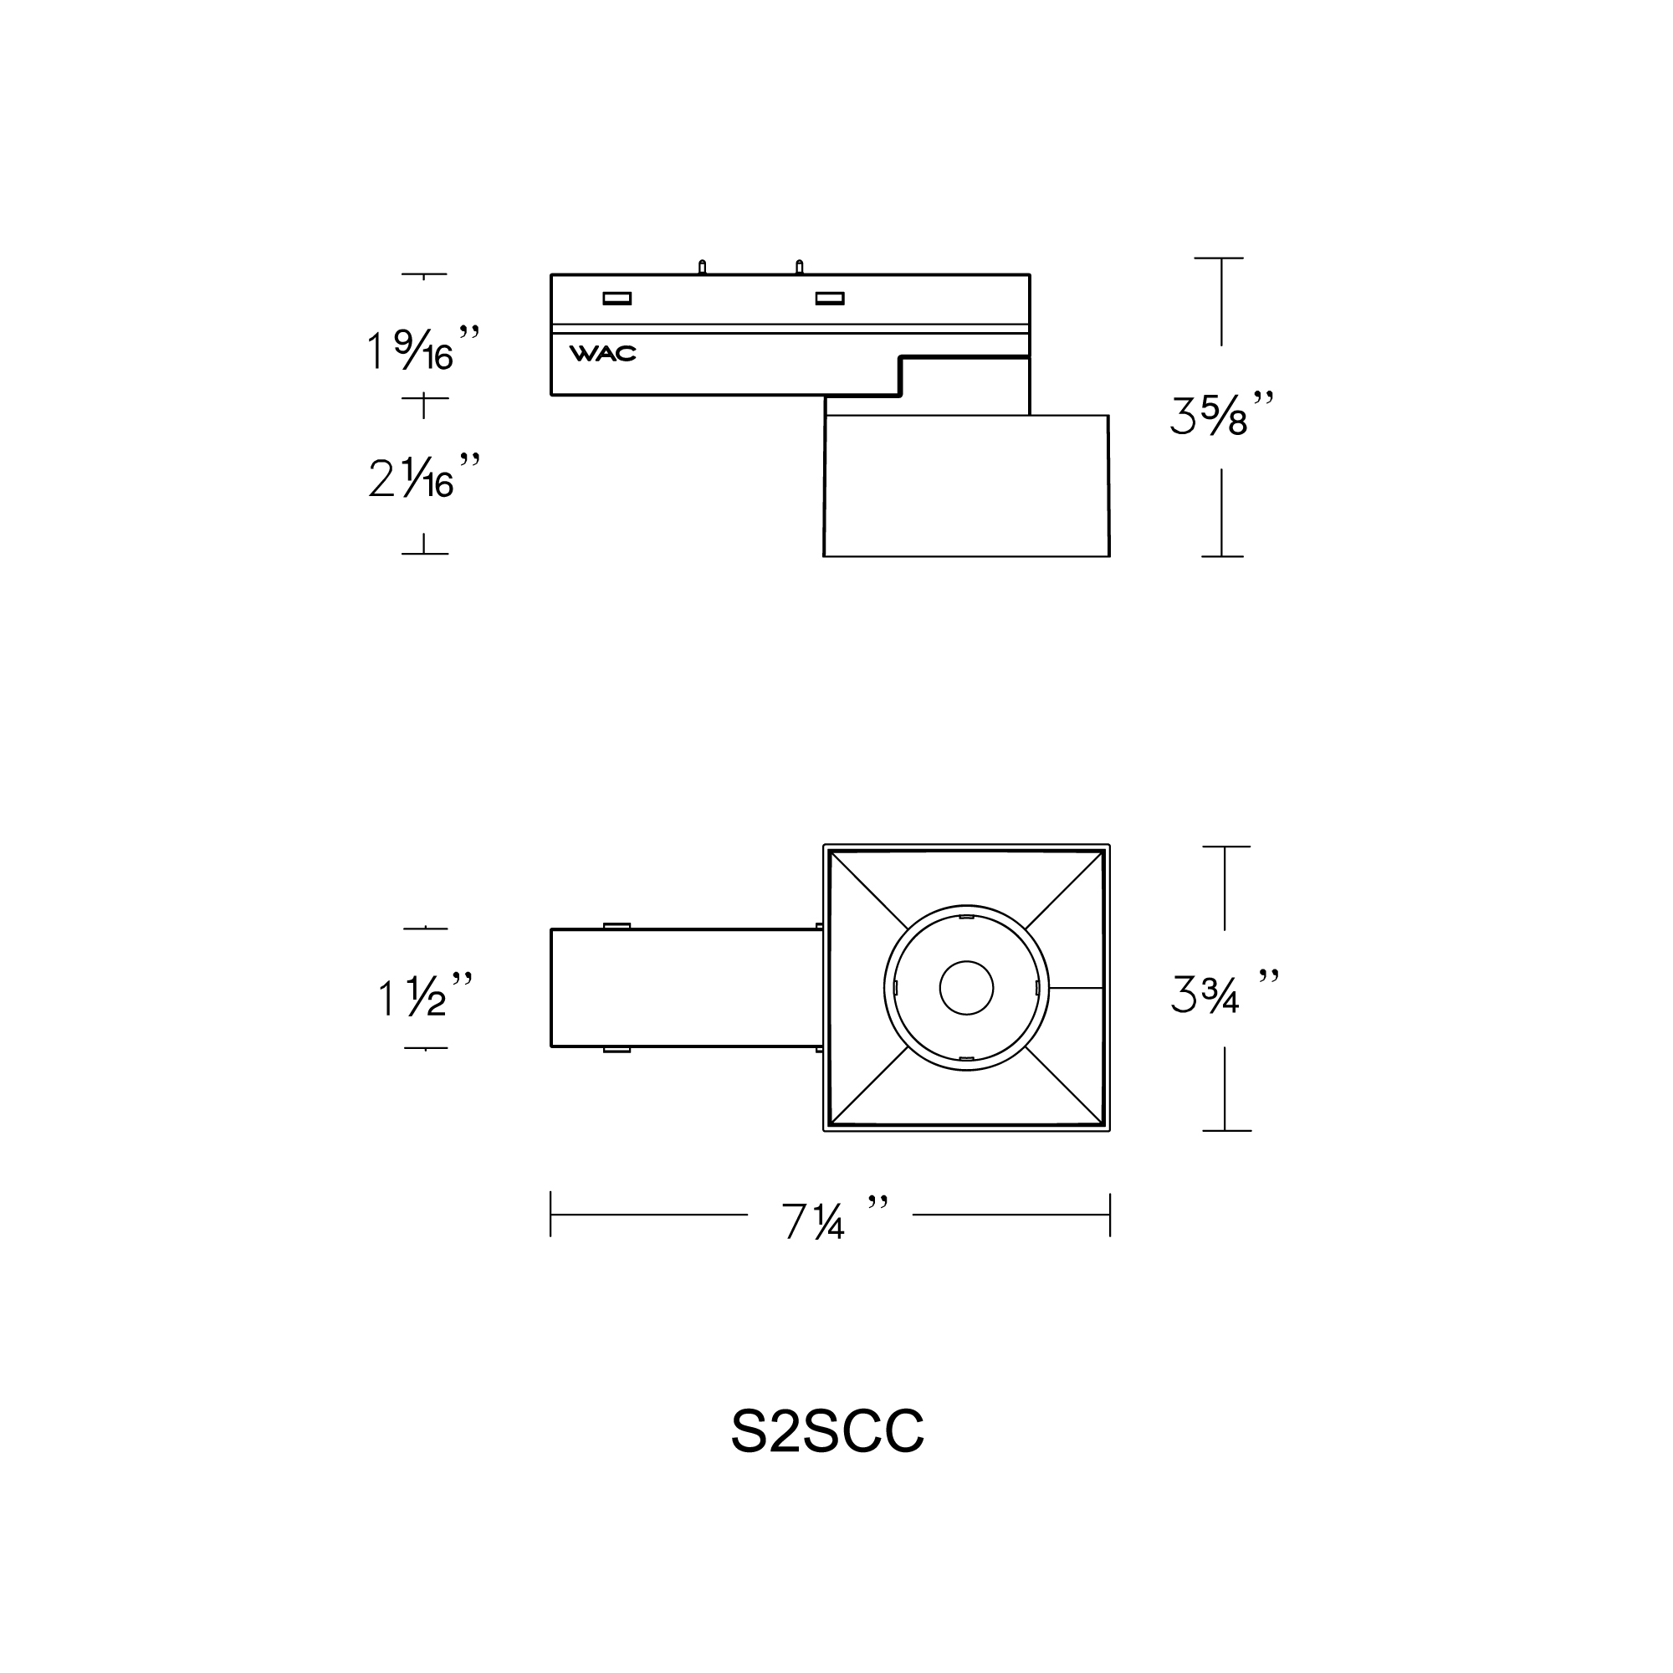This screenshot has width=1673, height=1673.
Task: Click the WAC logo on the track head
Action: click(x=602, y=353)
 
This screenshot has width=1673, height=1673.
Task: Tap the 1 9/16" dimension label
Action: click(x=422, y=348)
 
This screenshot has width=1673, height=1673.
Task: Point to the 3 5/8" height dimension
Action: click(x=1222, y=414)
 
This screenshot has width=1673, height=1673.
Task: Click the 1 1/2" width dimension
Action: click(x=425, y=995)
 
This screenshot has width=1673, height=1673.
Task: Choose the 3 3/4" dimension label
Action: click(x=1224, y=993)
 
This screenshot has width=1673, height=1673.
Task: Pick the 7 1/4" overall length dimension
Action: click(x=830, y=1220)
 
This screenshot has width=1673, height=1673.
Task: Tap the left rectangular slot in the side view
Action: click(x=617, y=299)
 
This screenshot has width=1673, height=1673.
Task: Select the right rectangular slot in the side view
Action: click(x=830, y=299)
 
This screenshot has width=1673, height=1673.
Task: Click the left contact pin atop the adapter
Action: click(x=703, y=267)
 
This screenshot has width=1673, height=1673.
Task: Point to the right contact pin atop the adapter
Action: click(x=799, y=267)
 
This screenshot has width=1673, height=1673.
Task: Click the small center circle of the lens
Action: click(x=966, y=987)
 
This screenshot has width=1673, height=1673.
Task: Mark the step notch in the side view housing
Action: click(x=902, y=376)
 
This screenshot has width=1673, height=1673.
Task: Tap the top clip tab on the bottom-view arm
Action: click(x=617, y=926)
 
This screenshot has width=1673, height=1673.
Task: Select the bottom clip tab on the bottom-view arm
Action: click(x=617, y=1051)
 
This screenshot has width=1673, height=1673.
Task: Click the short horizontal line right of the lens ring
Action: click(x=1076, y=987)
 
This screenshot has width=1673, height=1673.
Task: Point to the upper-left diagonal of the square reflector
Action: click(x=868, y=890)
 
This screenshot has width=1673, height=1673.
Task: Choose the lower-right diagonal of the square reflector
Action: click(x=1064, y=1085)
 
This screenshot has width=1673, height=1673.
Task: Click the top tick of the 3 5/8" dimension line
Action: click(x=1219, y=258)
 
